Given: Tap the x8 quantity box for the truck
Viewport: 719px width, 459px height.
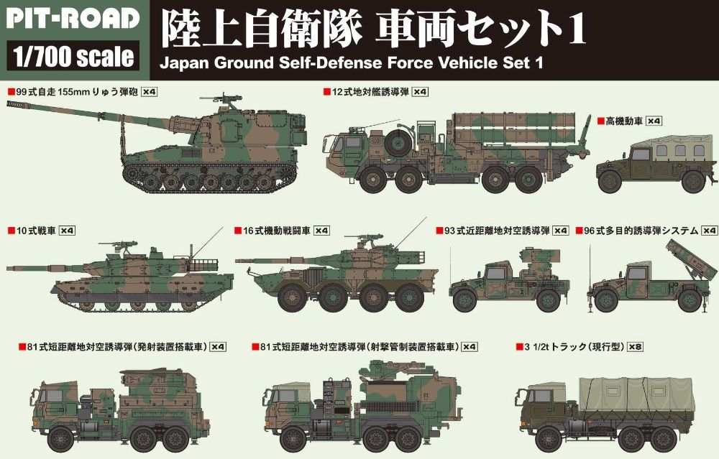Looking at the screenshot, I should coord(635,347).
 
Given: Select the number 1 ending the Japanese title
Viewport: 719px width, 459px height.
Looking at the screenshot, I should coord(575,29).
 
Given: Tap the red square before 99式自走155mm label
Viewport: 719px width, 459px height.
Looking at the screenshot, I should coord(9,92).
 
